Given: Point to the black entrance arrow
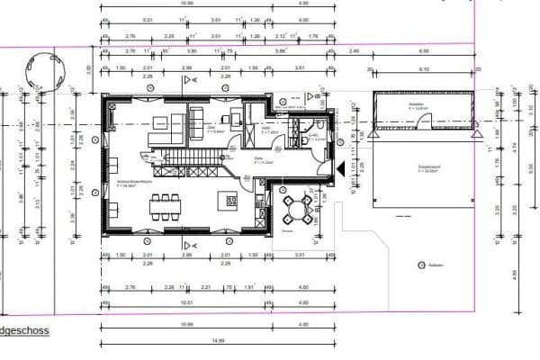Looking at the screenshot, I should pyautogui.click(x=338, y=166).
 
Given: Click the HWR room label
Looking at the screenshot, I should pyautogui.click(x=268, y=129).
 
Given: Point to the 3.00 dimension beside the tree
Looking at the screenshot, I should pyautogui.click(x=88, y=69).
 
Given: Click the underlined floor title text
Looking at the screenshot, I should pyautogui.click(x=23, y=331).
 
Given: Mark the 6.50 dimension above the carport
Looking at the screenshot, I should pyautogui.click(x=423, y=51).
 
